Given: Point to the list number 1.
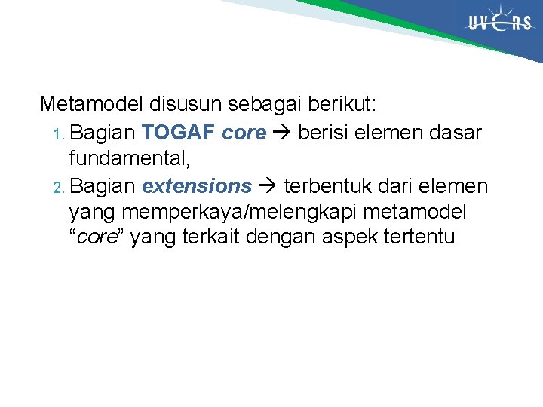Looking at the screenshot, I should tap(59, 134).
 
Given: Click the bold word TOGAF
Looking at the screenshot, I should tap(179, 133).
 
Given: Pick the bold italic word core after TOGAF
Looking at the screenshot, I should tap(244, 133).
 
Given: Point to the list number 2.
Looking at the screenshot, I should tap(60, 187).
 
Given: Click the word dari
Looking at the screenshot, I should tap(397, 185).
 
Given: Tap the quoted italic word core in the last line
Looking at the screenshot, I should tap(98, 237).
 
